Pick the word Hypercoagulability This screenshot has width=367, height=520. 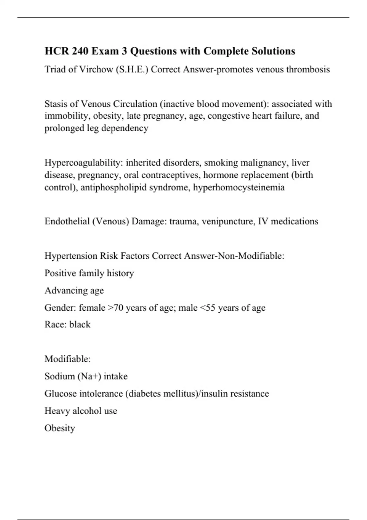click(x=84, y=163)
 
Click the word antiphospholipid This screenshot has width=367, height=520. click(x=113, y=187)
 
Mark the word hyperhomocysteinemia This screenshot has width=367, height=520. click(x=239, y=187)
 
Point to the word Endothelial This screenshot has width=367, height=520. click(x=67, y=221)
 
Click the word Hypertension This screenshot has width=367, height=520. click(x=71, y=256)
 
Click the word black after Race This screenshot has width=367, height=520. click(x=80, y=324)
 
